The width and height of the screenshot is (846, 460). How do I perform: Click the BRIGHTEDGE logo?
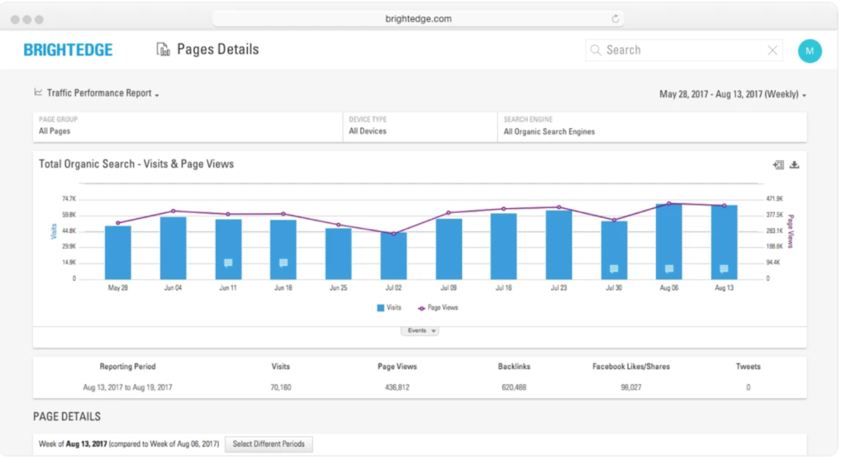(68, 50)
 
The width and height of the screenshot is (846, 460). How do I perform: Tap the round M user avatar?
(809, 50)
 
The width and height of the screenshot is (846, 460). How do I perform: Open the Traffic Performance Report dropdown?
(98, 93)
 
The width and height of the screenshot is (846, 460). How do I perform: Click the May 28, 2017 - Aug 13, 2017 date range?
(732, 94)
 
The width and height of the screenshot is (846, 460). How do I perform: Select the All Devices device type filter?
(368, 131)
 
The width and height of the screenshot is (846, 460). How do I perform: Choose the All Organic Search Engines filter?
(549, 131)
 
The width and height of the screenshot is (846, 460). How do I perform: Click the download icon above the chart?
(795, 165)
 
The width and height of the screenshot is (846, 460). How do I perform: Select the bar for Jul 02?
(393, 256)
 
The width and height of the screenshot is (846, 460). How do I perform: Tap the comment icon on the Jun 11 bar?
(228, 263)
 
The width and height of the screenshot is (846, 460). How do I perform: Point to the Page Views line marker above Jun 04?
(173, 211)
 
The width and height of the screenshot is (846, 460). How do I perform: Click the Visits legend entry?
(389, 307)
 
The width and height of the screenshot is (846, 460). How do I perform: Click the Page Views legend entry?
(439, 307)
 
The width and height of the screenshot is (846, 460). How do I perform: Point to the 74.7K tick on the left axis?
(69, 199)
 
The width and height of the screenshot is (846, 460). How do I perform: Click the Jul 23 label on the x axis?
(558, 288)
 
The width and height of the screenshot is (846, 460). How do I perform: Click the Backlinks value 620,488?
(513, 387)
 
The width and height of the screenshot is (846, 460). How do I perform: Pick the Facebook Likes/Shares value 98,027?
(631, 387)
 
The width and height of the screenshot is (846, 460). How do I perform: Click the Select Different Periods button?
(269, 444)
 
